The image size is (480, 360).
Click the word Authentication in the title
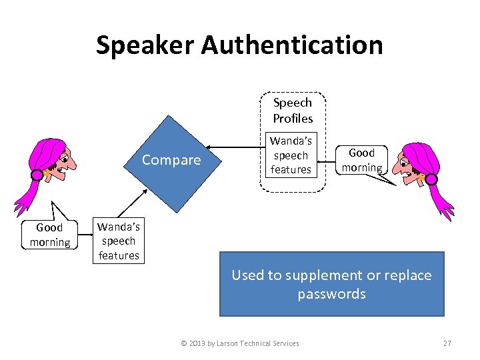(292, 45)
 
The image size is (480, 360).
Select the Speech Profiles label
(292, 111)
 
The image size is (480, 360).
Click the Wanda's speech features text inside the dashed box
(291, 155)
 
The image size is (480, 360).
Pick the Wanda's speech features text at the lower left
(119, 241)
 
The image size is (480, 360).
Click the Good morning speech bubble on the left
(50, 235)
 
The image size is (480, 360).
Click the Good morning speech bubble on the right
(362, 160)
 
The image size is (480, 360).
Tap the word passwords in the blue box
(332, 294)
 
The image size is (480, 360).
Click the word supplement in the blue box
(323, 275)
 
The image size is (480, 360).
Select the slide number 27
(447, 343)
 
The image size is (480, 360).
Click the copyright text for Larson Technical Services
(240, 343)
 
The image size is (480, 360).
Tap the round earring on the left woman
(36, 175)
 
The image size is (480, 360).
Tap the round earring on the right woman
(431, 179)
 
